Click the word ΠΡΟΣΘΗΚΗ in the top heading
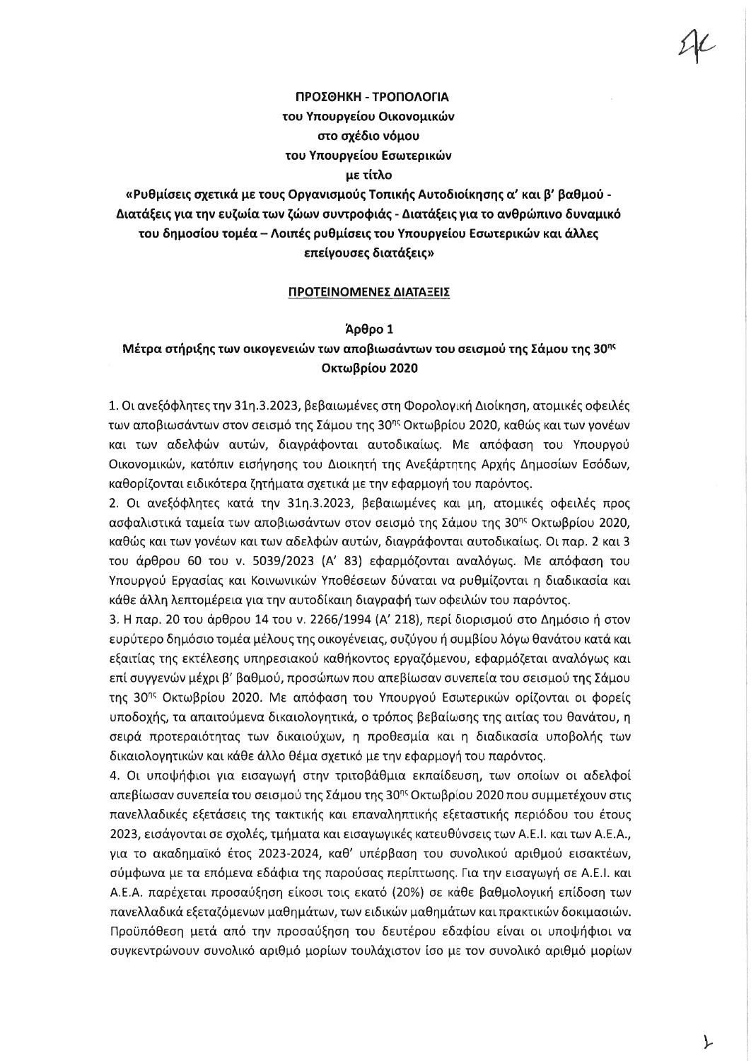(327, 97)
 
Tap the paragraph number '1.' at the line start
(112, 407)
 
